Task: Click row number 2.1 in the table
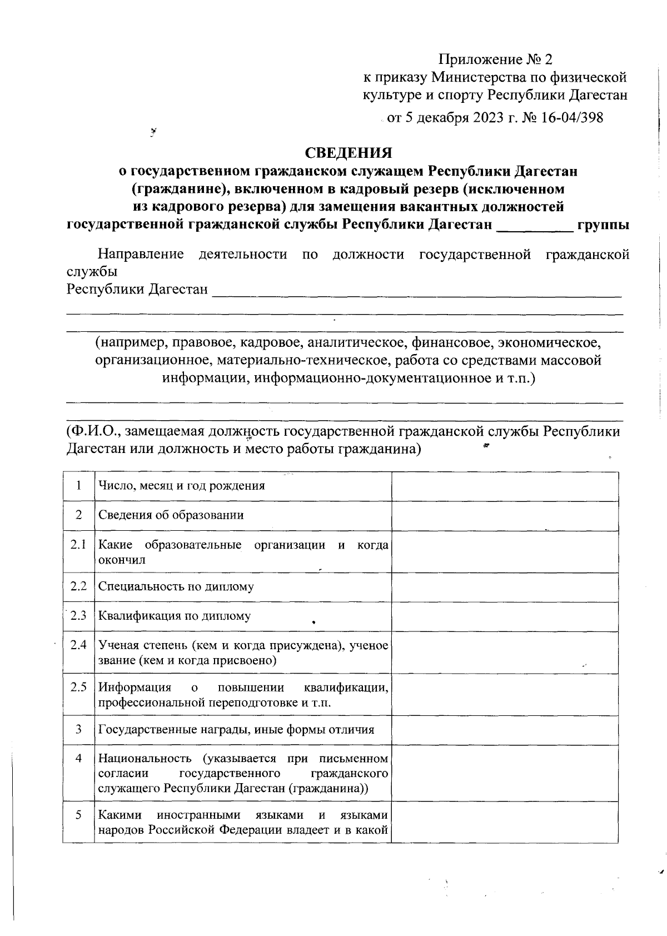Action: point(78,545)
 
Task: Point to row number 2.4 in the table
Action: point(78,645)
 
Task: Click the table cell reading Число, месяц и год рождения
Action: point(181,486)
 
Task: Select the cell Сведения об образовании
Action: point(171,515)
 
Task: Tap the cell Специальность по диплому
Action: point(176,586)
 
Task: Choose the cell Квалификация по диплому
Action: point(175,616)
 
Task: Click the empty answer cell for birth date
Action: point(505,486)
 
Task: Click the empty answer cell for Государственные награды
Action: point(505,730)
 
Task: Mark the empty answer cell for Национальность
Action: point(505,773)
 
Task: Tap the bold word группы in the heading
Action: point(603,225)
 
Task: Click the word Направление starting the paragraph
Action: point(141,255)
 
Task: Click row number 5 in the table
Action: point(78,815)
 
